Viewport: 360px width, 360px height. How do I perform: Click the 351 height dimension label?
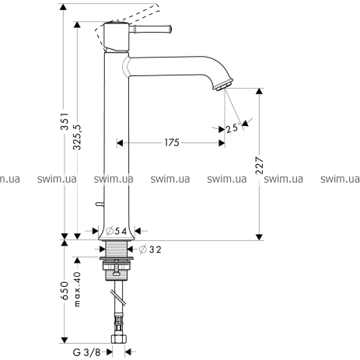[65, 121]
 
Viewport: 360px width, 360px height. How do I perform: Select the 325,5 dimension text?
[77, 137]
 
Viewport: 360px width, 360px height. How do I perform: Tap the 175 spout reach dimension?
[172, 142]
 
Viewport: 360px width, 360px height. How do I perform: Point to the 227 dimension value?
[259, 166]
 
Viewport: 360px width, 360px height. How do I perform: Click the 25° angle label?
[232, 128]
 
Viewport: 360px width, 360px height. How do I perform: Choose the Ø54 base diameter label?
[117, 231]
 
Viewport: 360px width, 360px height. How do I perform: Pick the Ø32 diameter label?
[150, 250]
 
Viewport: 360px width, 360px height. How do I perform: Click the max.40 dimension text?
[77, 289]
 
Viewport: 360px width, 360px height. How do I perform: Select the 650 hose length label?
[65, 291]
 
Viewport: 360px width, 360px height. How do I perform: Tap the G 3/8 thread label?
[87, 352]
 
